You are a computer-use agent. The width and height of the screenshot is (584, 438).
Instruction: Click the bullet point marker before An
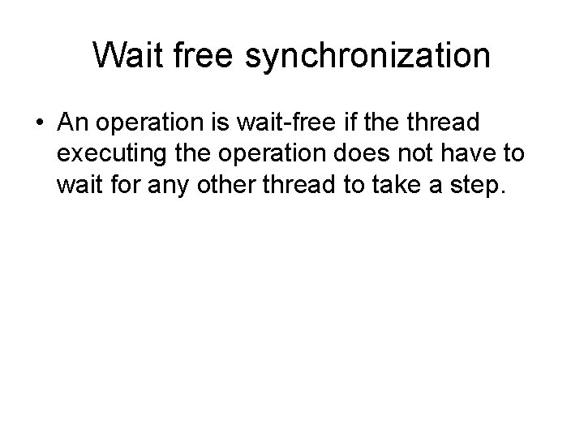coord(40,124)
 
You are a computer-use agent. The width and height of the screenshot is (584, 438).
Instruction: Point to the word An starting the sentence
coord(72,123)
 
